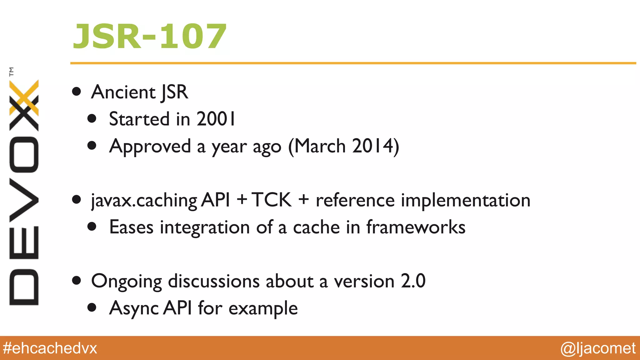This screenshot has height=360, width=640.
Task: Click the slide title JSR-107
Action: tap(149, 37)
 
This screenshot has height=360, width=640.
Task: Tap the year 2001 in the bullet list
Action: tap(216, 119)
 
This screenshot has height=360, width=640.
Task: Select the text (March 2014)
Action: tap(343, 146)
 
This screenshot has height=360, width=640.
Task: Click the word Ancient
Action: tap(123, 92)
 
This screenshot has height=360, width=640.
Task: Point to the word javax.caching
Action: tap(144, 200)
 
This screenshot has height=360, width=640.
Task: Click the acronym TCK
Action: tap(271, 200)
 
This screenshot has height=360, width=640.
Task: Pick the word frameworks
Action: tap(416, 227)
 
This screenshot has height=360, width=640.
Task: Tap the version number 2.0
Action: tap(413, 281)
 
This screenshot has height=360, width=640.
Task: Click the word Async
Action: tap(134, 308)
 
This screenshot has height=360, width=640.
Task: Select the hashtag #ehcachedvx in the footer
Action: tap(50, 348)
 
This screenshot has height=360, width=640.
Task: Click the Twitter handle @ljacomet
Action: tap(598, 348)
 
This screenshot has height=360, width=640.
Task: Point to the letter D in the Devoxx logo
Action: tap(24, 287)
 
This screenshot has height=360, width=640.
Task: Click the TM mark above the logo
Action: tap(12, 72)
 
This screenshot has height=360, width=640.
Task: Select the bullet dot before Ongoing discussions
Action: tap(77, 280)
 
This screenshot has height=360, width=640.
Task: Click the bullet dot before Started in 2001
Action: tap(92, 119)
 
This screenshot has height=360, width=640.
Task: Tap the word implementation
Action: tap(465, 200)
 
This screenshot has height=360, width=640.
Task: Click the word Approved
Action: tap(150, 146)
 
